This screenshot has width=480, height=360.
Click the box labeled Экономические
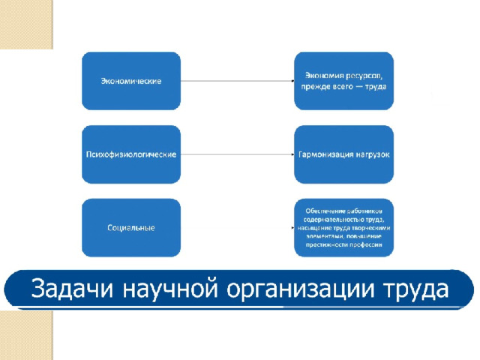click(x=131, y=81)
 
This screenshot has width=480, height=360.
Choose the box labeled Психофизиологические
click(x=131, y=154)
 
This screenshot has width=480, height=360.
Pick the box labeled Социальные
click(x=131, y=227)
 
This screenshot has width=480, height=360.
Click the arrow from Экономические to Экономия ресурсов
click(x=237, y=81)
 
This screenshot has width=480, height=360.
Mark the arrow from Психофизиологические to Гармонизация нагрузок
click(x=237, y=154)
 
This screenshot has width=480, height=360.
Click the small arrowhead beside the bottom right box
click(x=292, y=227)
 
